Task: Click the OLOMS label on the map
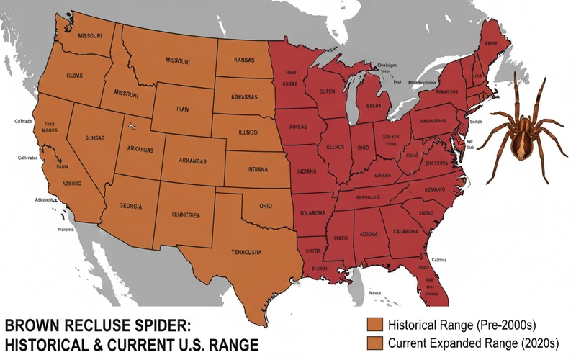click(x=74, y=76)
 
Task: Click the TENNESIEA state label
click(x=185, y=215)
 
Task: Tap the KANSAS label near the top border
click(x=245, y=62)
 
